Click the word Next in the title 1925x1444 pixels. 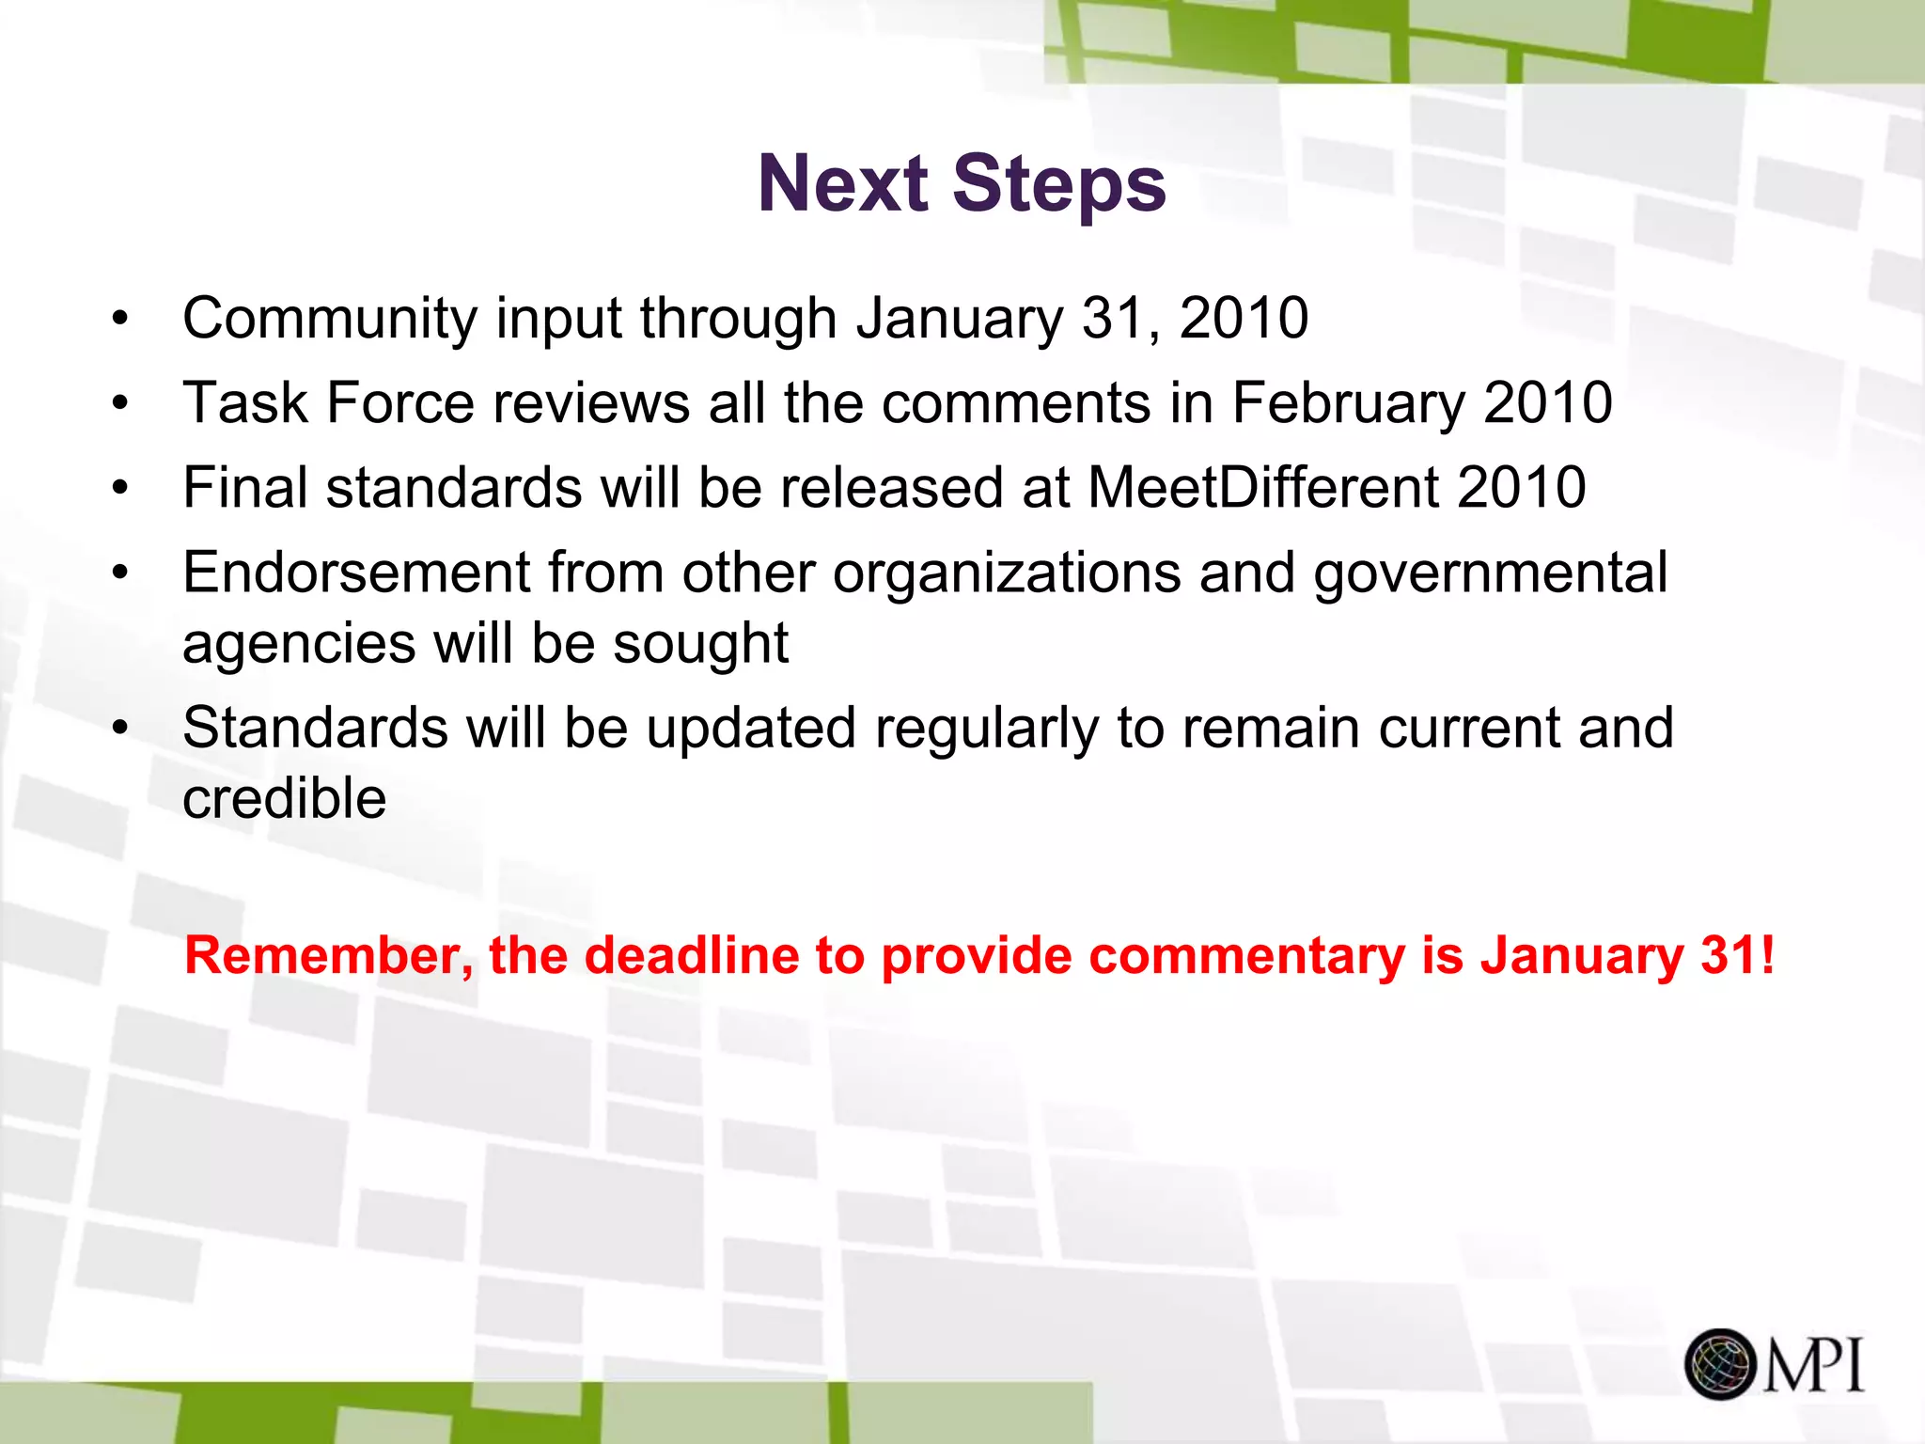coord(842,183)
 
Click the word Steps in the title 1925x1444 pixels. coord(1059,185)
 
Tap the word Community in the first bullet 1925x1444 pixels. coord(329,319)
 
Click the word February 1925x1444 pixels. coord(1348,404)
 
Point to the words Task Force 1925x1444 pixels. coord(328,404)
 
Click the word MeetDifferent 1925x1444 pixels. coord(1262,488)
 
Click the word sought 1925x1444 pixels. coord(700,645)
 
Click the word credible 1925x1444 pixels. coord(284,799)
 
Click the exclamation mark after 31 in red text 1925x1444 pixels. coord(1767,955)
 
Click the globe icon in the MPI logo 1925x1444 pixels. coord(1720,1364)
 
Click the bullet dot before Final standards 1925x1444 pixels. coord(119,489)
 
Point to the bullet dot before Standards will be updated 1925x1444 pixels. coord(119,730)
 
